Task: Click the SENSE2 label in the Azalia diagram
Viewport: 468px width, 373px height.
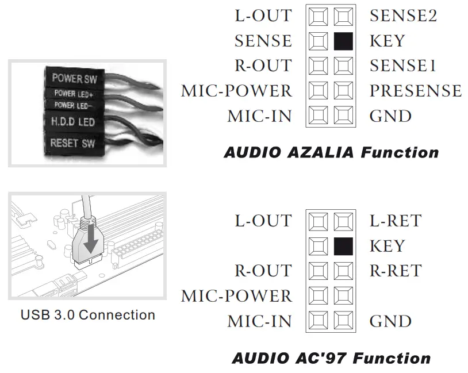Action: coord(403,16)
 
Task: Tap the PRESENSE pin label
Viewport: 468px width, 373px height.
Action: coord(415,91)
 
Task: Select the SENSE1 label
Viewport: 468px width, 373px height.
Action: coord(402,66)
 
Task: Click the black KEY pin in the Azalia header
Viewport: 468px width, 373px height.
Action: coord(343,41)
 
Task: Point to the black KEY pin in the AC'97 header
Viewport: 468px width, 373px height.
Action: coord(343,246)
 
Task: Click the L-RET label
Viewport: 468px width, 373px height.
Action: coord(396,220)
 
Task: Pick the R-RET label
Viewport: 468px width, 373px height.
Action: coord(396,271)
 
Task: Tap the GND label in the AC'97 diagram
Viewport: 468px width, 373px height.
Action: coord(390,321)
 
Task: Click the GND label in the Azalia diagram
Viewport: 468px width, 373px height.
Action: coord(390,116)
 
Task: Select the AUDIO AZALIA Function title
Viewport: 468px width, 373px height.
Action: coord(331,153)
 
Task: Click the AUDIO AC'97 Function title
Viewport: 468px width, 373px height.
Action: coord(331,358)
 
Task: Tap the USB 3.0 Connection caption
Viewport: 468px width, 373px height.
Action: coord(87,315)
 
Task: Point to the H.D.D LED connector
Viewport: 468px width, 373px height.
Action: coord(73,122)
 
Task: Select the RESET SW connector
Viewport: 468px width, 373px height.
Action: coord(72,143)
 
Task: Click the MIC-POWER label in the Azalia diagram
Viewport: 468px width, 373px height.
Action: coord(236,91)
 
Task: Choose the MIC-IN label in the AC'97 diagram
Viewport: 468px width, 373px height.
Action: coord(259,321)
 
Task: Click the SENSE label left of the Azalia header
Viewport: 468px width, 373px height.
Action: coord(263,41)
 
